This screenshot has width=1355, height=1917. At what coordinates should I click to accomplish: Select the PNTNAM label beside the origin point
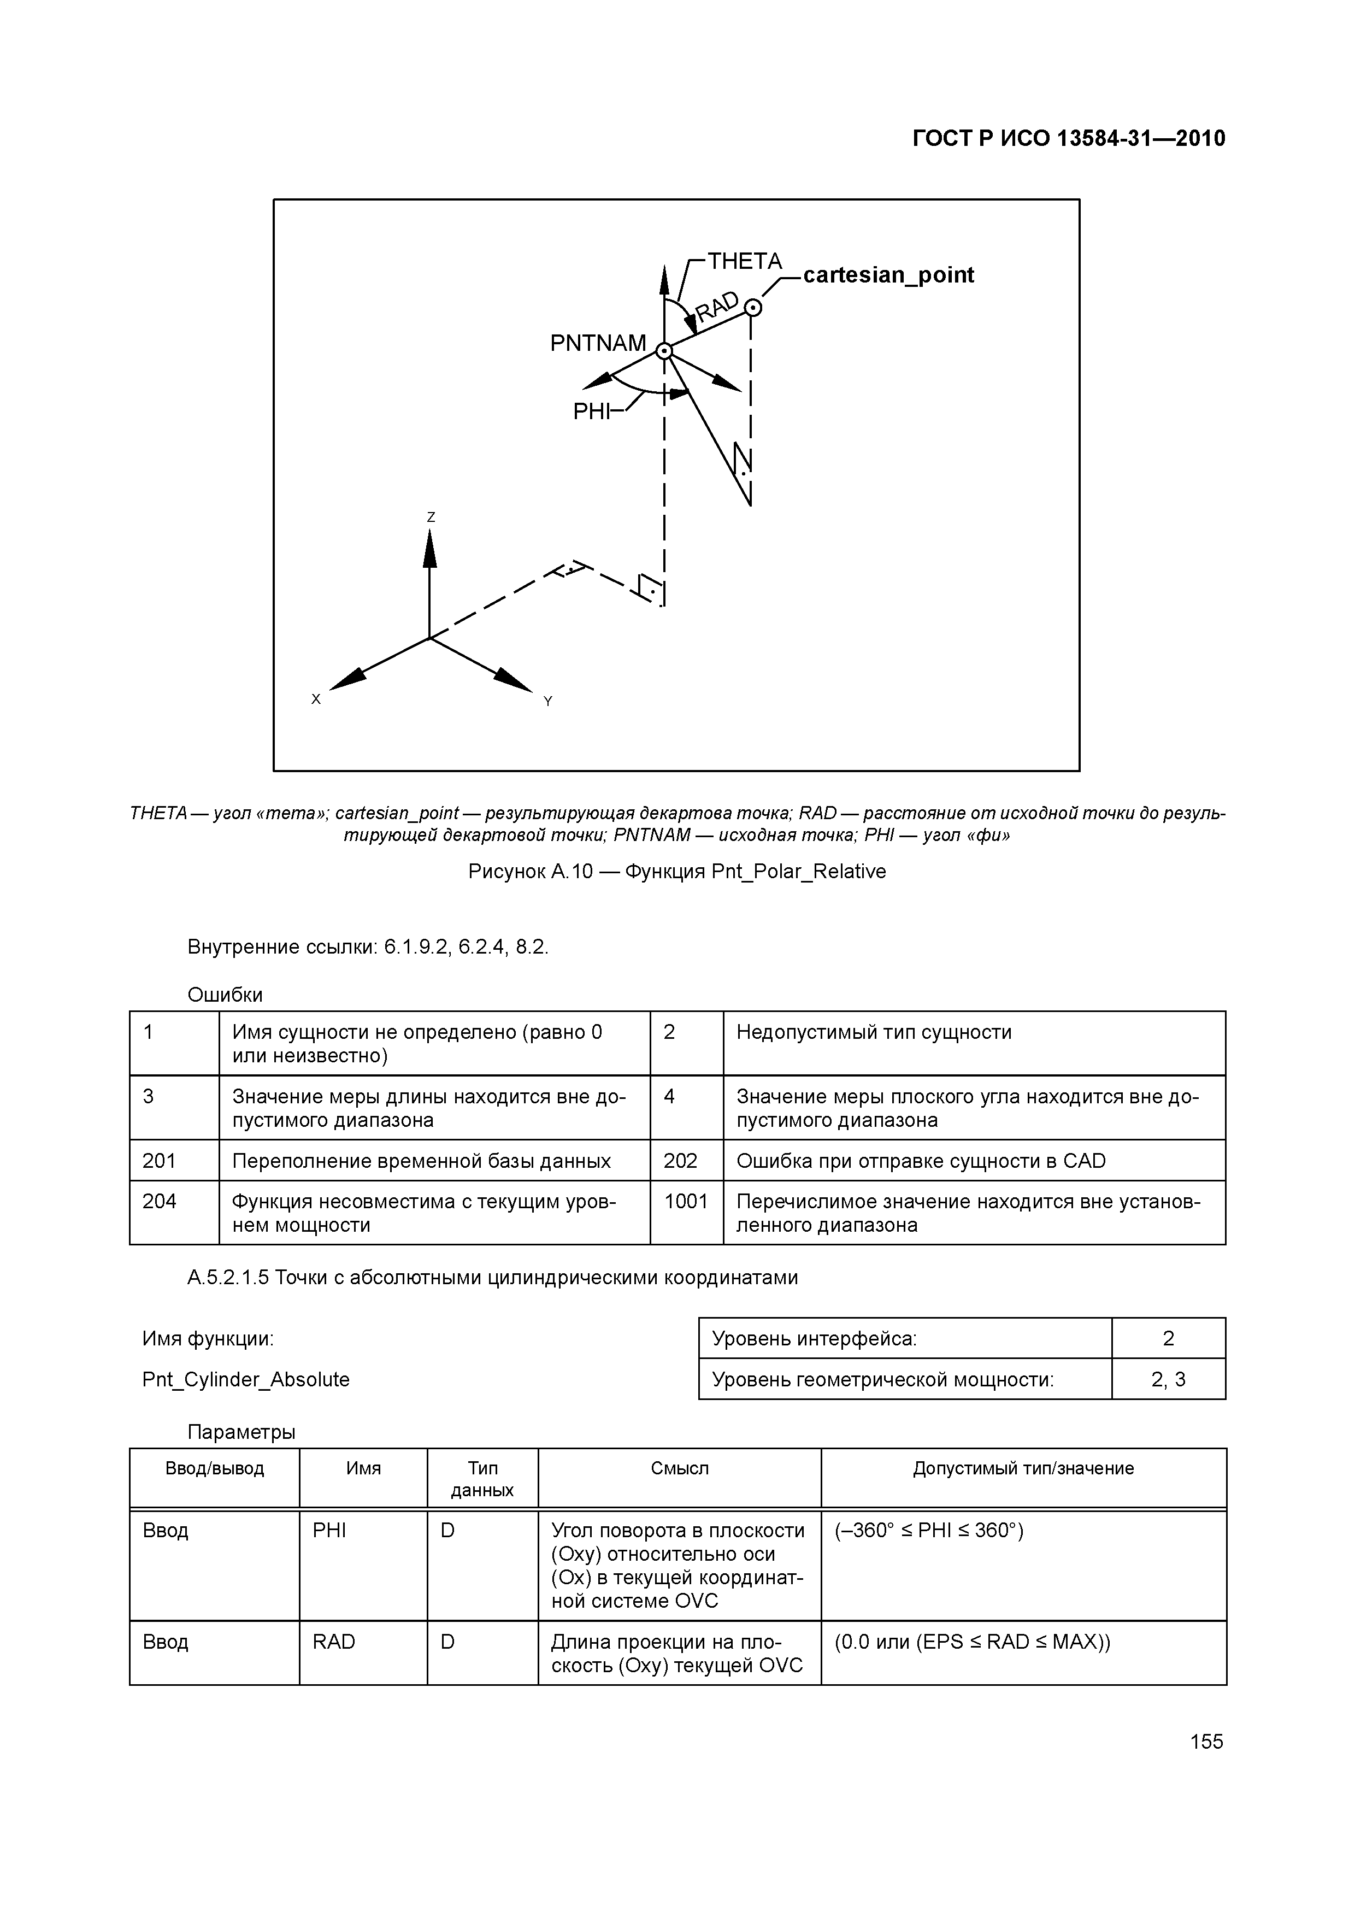tap(598, 343)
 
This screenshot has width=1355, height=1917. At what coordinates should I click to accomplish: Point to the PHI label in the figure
tap(591, 411)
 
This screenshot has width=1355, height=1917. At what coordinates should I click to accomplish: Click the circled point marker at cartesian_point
tap(752, 308)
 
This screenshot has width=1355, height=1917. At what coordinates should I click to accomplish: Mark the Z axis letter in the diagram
tap(431, 518)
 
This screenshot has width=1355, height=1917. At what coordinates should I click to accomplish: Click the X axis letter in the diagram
tap(316, 699)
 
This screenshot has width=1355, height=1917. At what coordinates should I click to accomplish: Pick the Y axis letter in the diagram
tap(547, 701)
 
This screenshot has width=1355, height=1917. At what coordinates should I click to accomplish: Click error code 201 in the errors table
tap(160, 1161)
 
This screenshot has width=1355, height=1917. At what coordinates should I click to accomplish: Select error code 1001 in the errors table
tap(686, 1202)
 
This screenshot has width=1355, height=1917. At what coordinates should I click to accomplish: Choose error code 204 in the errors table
tap(160, 1202)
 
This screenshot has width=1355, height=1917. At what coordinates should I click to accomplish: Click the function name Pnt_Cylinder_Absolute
tap(245, 1379)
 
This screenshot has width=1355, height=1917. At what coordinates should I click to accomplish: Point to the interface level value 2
tap(1168, 1339)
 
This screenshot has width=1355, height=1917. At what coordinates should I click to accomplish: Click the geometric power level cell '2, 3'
tap(1168, 1379)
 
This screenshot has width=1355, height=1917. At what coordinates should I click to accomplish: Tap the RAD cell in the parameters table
tap(334, 1642)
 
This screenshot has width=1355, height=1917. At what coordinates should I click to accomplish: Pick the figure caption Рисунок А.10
tap(676, 872)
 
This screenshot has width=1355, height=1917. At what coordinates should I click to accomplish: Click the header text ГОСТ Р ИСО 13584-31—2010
tap(1069, 139)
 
